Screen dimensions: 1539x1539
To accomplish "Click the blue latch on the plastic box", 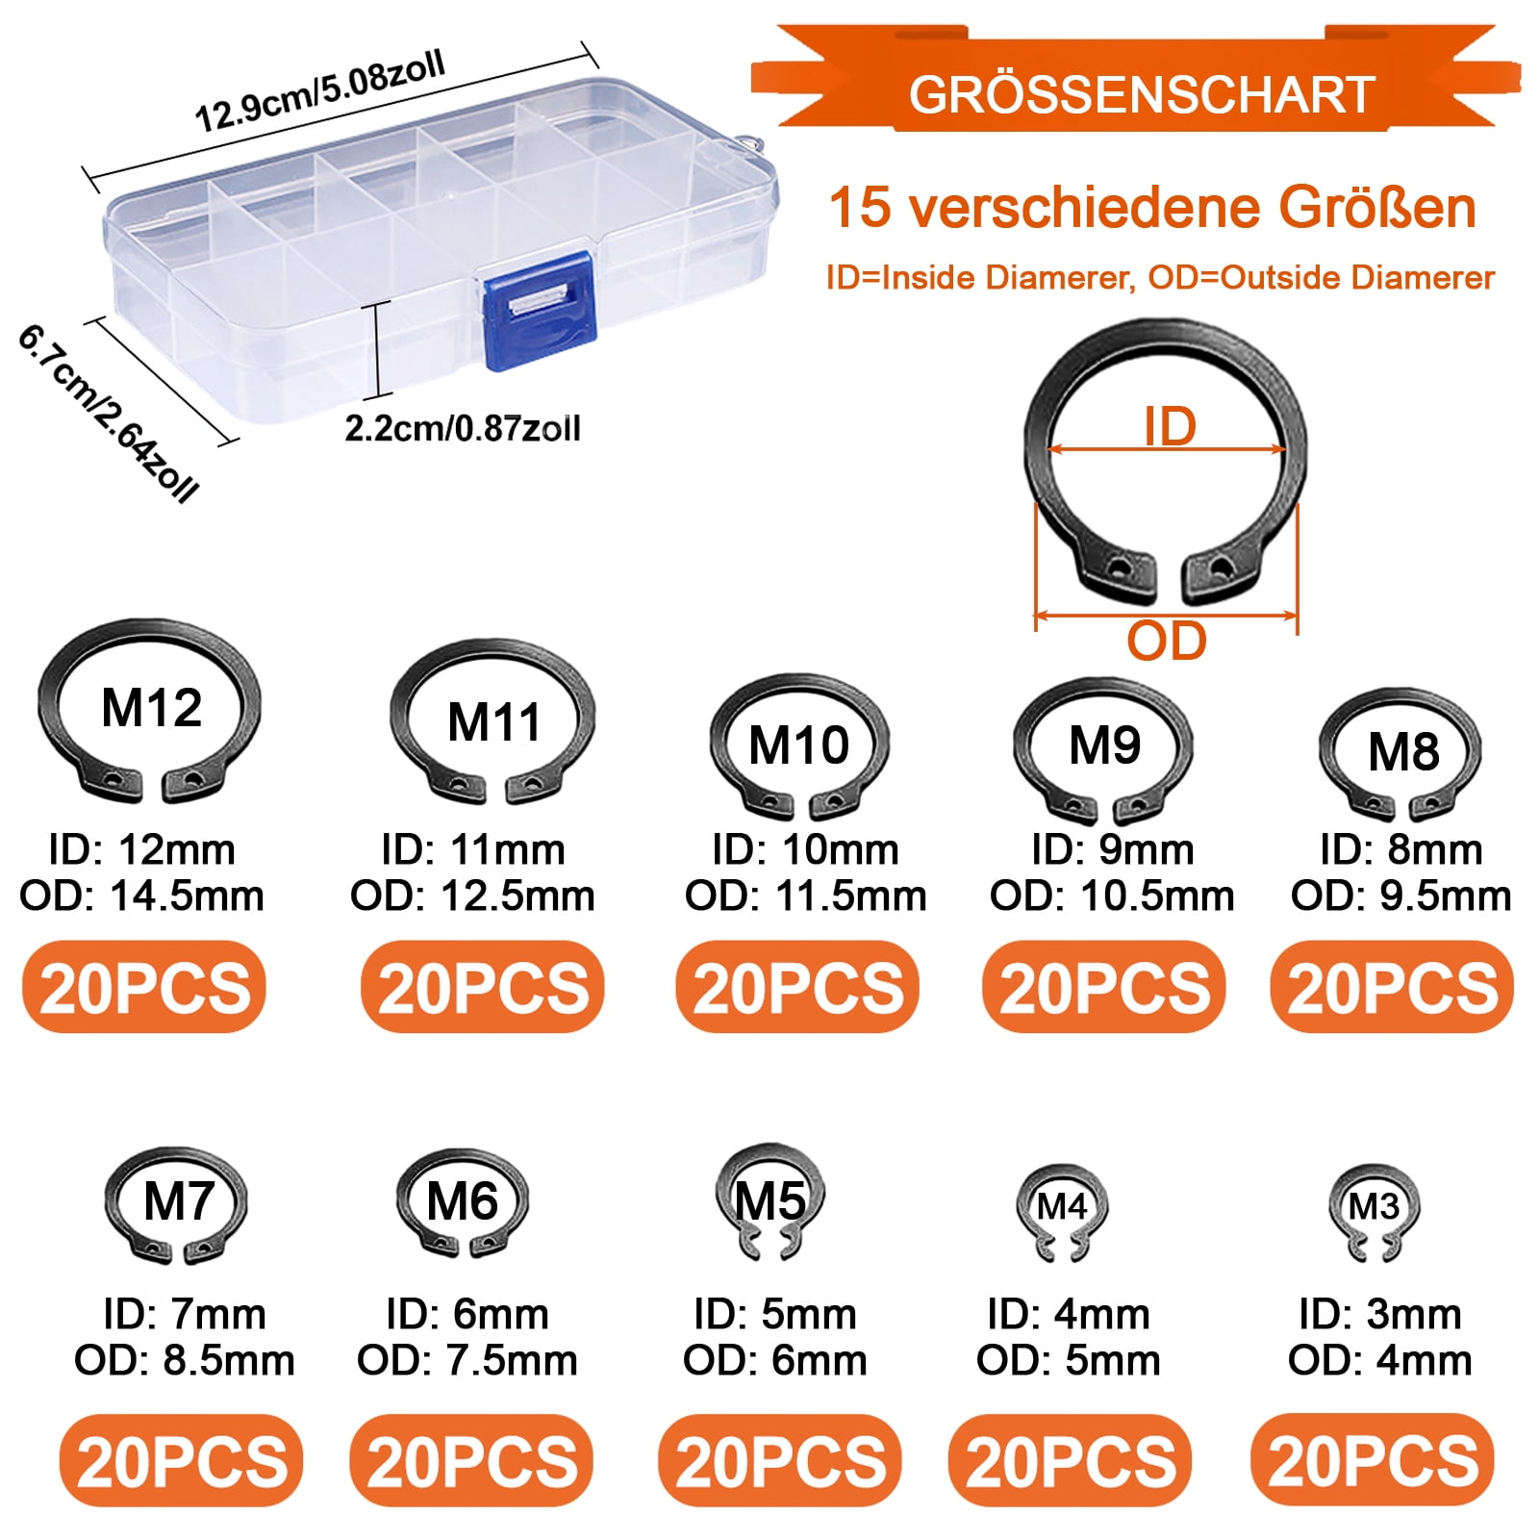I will click(x=540, y=310).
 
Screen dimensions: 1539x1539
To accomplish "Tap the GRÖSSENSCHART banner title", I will click(x=1142, y=94).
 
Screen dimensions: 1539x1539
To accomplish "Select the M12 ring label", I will click(x=151, y=709).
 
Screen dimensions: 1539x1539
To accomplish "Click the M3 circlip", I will click(x=1373, y=1212).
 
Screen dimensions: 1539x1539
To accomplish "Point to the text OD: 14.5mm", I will click(x=141, y=896).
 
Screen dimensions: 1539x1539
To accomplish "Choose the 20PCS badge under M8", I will click(x=1392, y=988).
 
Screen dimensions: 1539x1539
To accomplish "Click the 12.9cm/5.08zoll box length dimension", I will click(x=320, y=91).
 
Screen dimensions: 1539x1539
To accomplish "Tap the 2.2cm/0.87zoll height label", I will click(x=463, y=428).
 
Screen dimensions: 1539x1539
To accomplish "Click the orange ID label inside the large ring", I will click(x=1170, y=426).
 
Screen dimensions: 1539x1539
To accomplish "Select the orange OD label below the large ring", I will click(x=1166, y=642).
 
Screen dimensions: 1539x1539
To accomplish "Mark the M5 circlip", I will click(x=770, y=1201).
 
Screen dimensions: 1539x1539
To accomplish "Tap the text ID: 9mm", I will click(x=1112, y=850).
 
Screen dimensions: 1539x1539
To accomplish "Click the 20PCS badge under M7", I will click(x=182, y=1461).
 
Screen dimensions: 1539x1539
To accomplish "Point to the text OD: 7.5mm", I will click(x=467, y=1361).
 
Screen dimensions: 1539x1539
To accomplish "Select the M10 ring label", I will click(x=798, y=745).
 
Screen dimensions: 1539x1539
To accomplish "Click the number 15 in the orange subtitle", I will click(x=860, y=207).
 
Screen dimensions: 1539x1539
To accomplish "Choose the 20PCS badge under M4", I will click(x=1070, y=1461).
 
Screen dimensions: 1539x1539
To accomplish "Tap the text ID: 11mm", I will click(x=472, y=850).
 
